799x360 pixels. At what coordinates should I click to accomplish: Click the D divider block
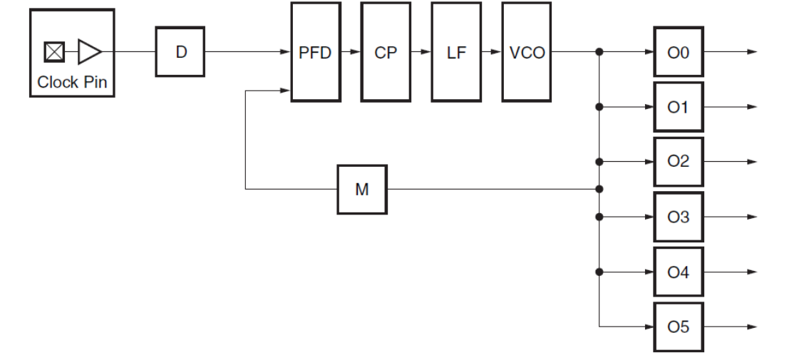click(180, 51)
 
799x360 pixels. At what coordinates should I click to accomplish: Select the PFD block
click(315, 51)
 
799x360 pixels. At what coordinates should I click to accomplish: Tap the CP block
click(386, 51)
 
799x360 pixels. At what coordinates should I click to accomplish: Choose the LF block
click(456, 51)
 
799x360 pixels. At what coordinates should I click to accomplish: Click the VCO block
click(527, 51)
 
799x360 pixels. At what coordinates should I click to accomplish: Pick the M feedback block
click(361, 190)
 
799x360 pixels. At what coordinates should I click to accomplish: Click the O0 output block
click(679, 51)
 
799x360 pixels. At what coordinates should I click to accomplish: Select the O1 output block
click(679, 107)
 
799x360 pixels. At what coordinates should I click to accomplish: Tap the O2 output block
click(679, 162)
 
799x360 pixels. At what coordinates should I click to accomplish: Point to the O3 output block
click(679, 217)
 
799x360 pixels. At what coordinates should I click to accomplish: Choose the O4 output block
click(679, 272)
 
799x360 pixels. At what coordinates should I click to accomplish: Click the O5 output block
click(679, 326)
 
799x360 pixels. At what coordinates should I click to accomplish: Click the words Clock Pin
click(71, 81)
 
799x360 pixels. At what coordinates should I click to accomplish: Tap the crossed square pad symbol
click(55, 51)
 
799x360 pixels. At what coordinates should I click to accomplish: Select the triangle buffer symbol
click(89, 51)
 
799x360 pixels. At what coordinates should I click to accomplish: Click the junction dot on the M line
click(600, 190)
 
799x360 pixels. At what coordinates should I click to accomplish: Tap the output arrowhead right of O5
click(753, 326)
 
